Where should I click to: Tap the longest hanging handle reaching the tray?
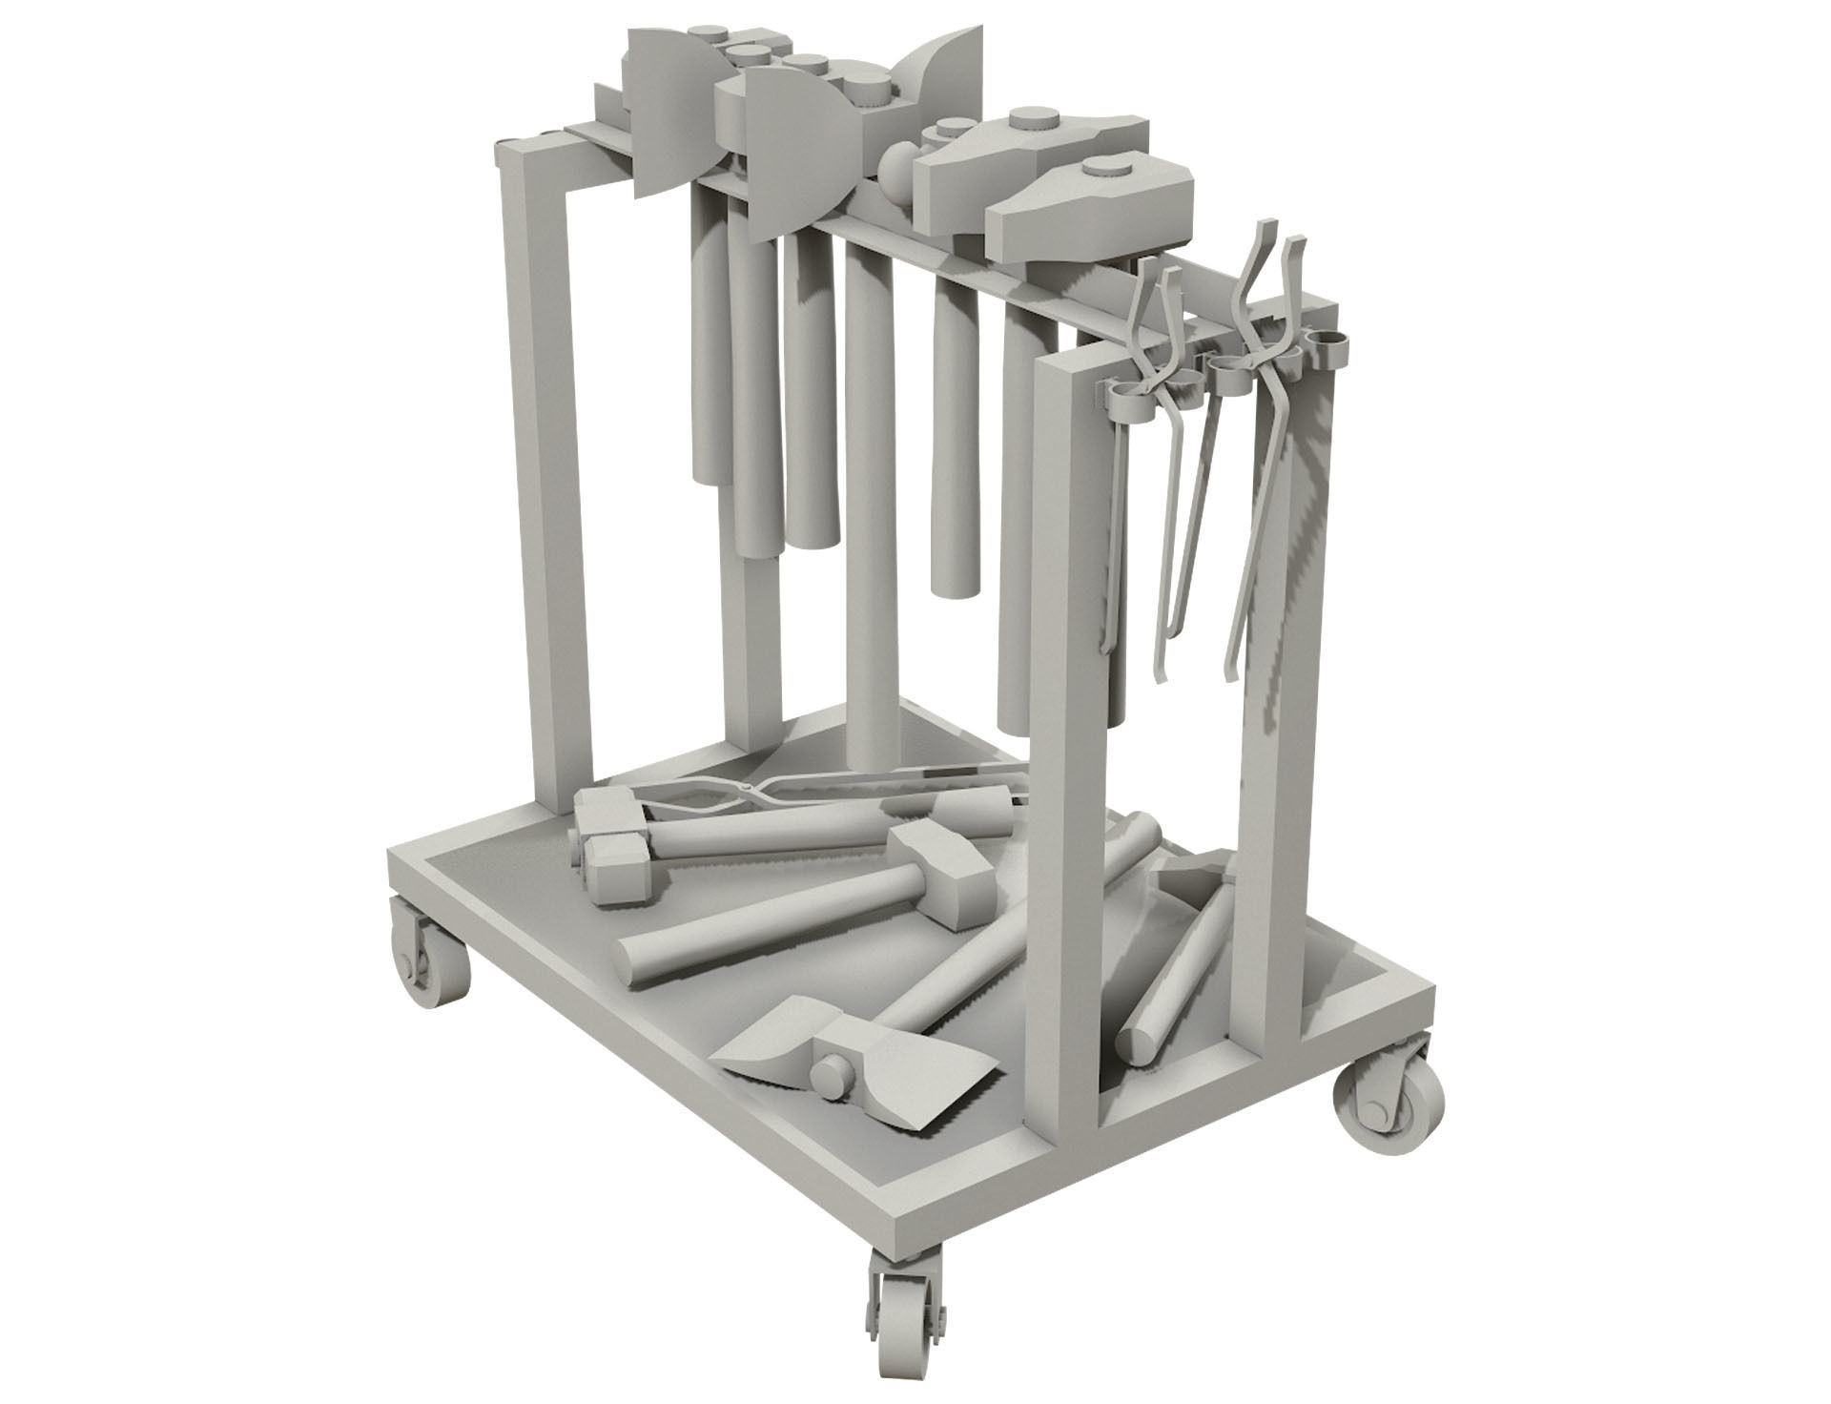[x=870, y=534]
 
